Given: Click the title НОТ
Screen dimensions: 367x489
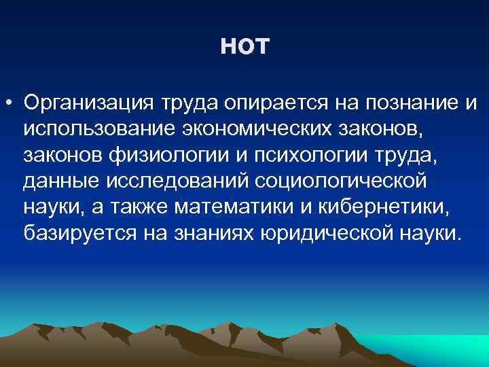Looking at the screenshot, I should tap(245, 47).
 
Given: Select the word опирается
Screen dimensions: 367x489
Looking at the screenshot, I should tap(264, 103).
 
